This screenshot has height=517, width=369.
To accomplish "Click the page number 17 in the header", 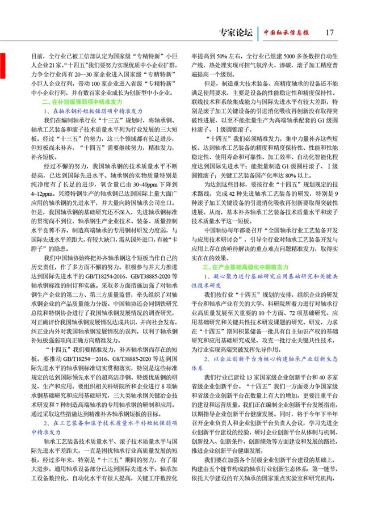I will click(329, 32).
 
